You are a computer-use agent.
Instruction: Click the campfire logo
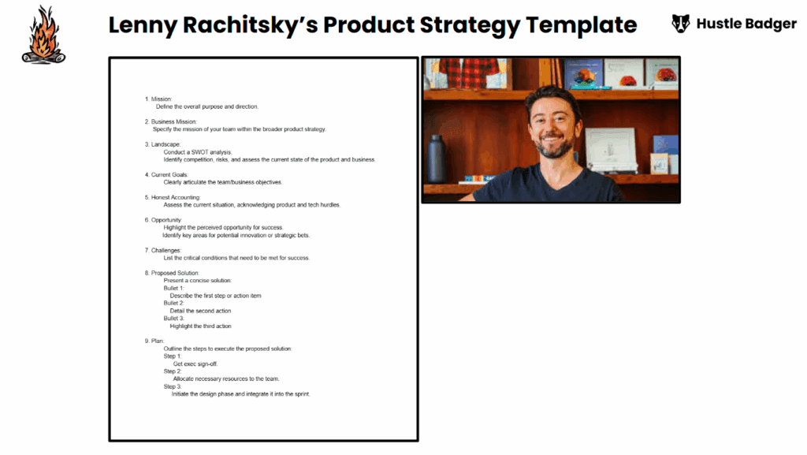coord(44,35)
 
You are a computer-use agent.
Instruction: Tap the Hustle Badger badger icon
coord(680,24)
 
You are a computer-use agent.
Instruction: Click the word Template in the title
coord(581,24)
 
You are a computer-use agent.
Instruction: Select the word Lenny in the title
coord(143,25)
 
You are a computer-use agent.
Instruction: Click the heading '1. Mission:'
coord(158,99)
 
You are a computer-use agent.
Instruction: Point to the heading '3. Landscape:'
coord(162,144)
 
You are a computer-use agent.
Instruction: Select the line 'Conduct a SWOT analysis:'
coord(198,152)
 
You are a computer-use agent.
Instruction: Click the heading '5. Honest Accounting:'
coord(173,197)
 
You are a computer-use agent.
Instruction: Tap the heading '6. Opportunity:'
coord(163,220)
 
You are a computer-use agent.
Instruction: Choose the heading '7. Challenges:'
coord(162,250)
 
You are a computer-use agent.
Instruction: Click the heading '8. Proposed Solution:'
coord(172,273)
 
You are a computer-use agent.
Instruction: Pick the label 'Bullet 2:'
coord(174,303)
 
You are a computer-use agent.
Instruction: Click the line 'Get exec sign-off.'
coord(195,364)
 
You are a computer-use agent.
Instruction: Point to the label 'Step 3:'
coord(173,386)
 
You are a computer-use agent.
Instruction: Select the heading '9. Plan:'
coord(154,341)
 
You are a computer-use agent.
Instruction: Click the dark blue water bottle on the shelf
coord(436,159)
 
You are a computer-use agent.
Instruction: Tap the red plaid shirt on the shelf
coord(468,73)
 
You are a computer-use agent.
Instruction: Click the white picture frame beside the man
coord(611,150)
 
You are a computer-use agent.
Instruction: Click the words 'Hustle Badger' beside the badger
coord(746,24)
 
